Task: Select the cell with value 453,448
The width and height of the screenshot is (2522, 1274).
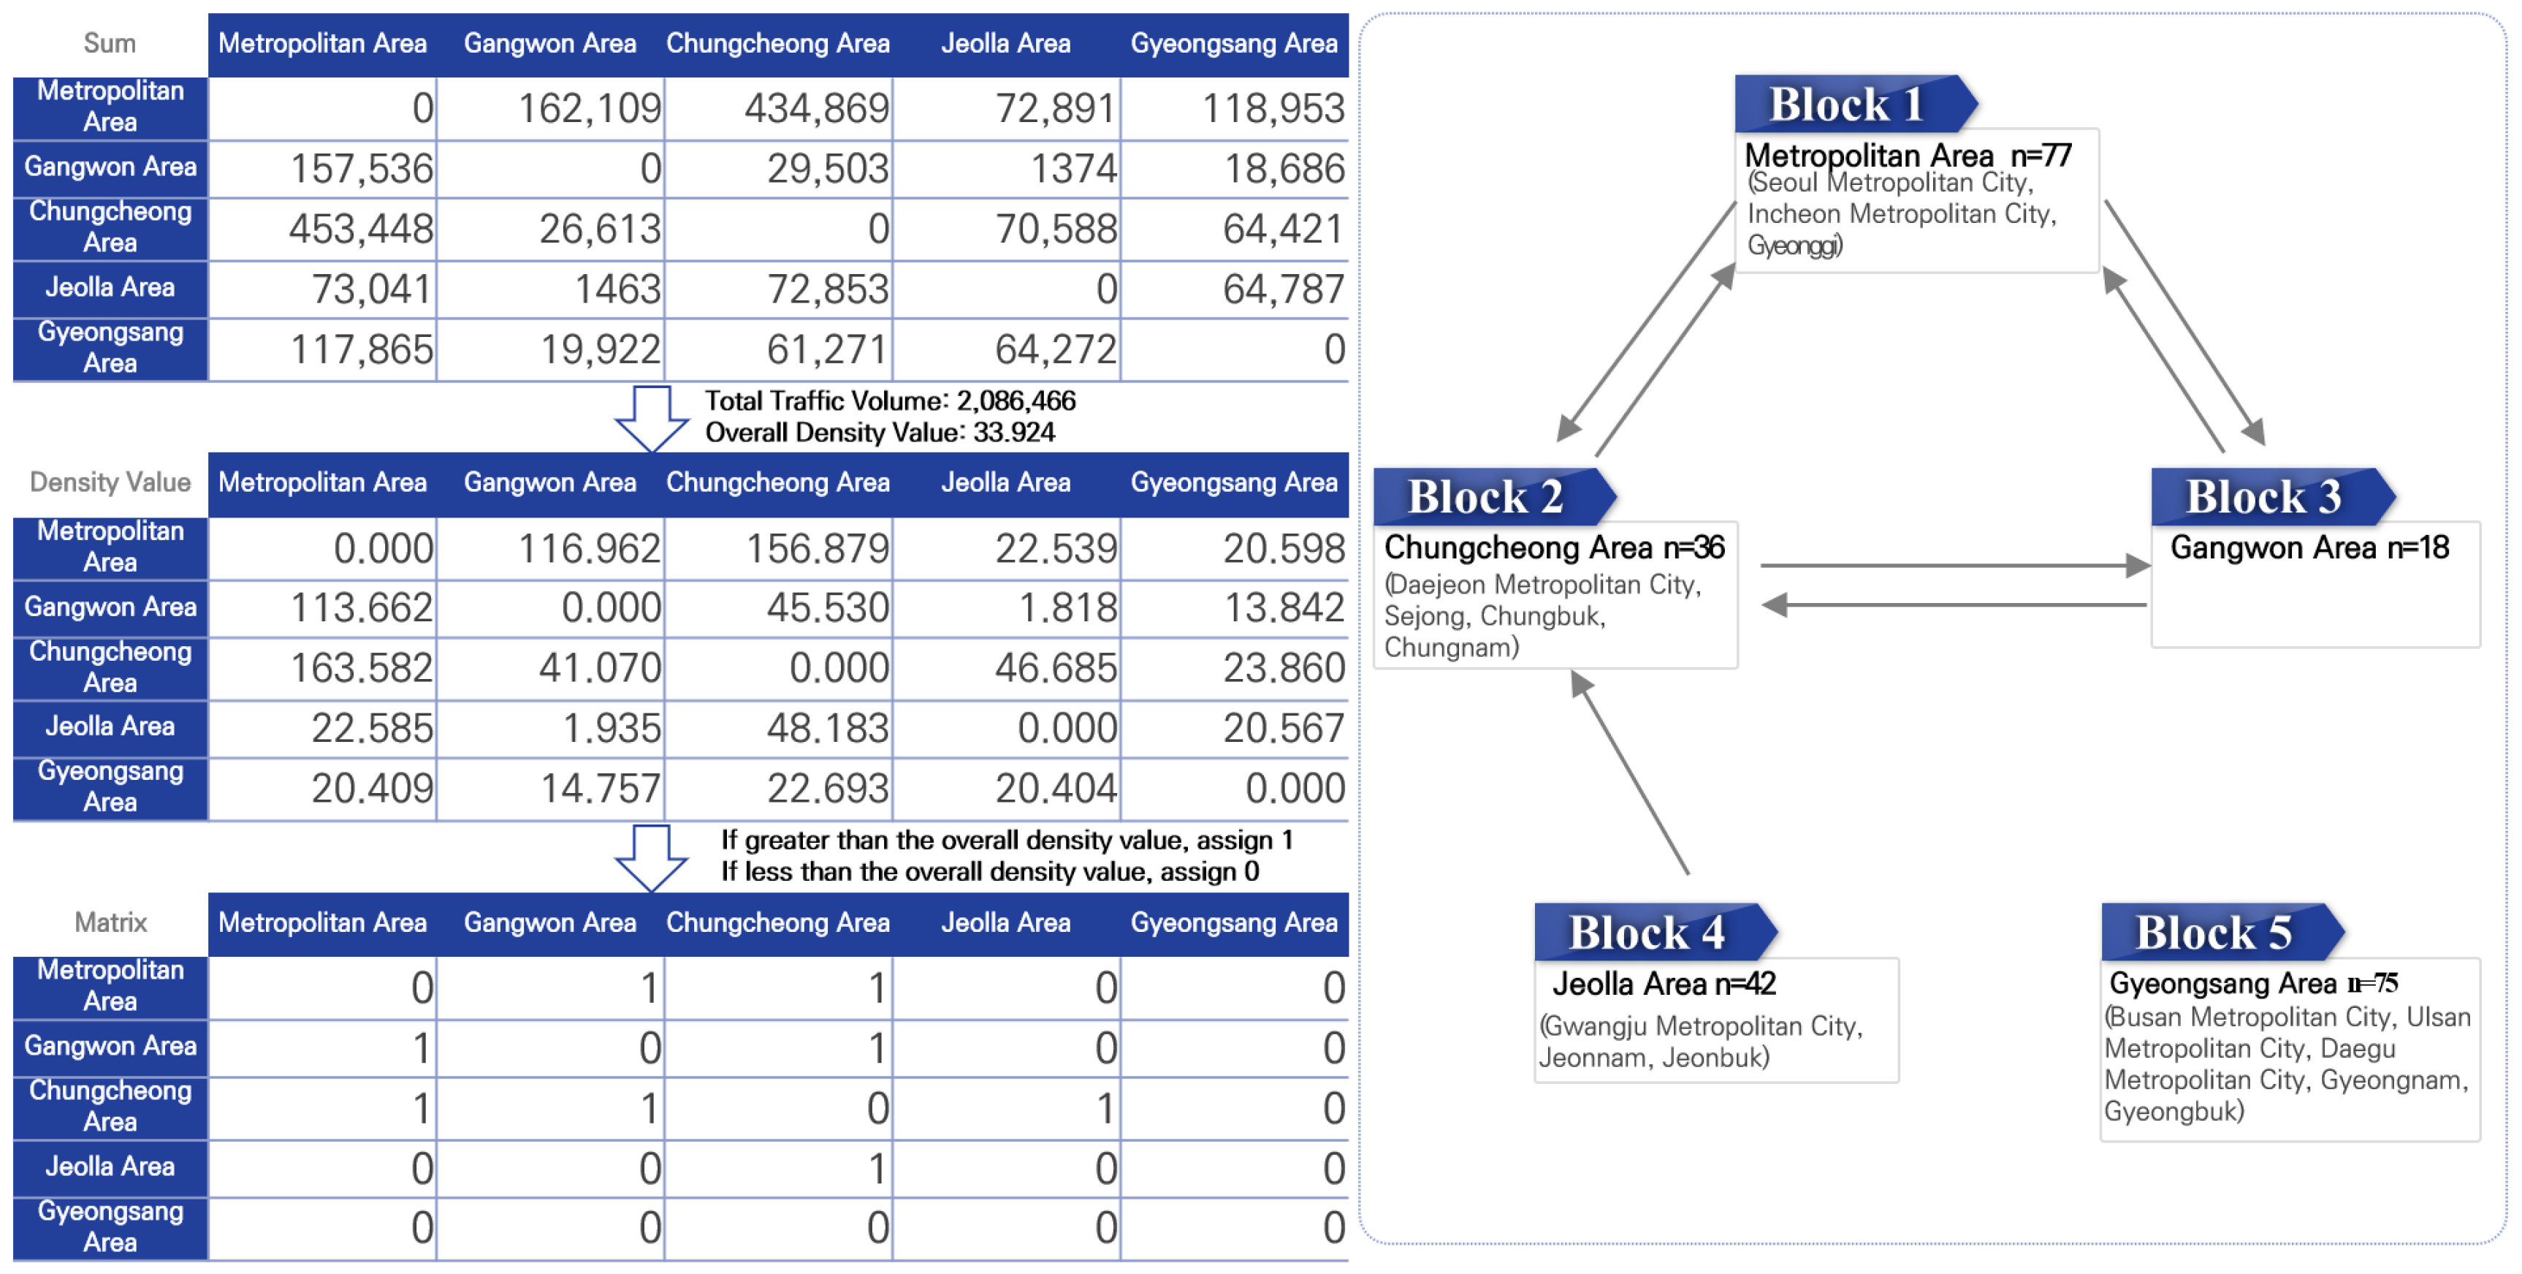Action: [x=360, y=229]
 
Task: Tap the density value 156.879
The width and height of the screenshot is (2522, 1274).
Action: [x=817, y=548]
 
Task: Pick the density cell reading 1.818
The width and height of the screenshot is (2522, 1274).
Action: [x=1067, y=608]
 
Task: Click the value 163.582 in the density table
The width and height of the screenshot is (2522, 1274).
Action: [x=360, y=669]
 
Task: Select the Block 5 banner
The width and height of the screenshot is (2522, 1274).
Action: [x=2214, y=931]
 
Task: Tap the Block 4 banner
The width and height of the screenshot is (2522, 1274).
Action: [x=1647, y=931]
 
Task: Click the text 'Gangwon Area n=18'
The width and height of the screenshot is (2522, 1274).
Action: [x=2309, y=547]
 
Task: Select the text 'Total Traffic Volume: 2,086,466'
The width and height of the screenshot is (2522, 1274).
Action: [x=889, y=401]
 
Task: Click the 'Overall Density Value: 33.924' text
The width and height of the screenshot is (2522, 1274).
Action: [x=879, y=432]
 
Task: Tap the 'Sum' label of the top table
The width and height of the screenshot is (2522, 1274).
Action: [x=109, y=43]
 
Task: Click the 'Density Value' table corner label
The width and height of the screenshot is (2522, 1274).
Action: [x=110, y=482]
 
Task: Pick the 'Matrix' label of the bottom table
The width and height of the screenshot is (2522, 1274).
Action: [x=110, y=922]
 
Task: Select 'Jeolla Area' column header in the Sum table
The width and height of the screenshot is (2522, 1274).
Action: [x=1005, y=43]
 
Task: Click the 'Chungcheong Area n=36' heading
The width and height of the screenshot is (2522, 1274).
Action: [x=1554, y=547]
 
